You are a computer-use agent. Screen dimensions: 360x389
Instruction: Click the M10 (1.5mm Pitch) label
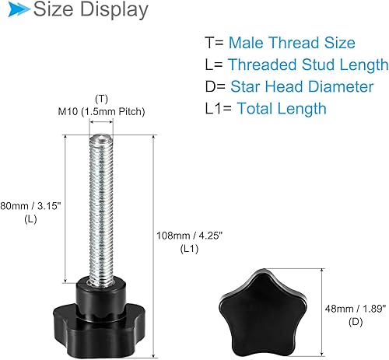pos(100,112)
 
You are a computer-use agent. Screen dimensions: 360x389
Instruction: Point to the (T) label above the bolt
pos(100,99)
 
